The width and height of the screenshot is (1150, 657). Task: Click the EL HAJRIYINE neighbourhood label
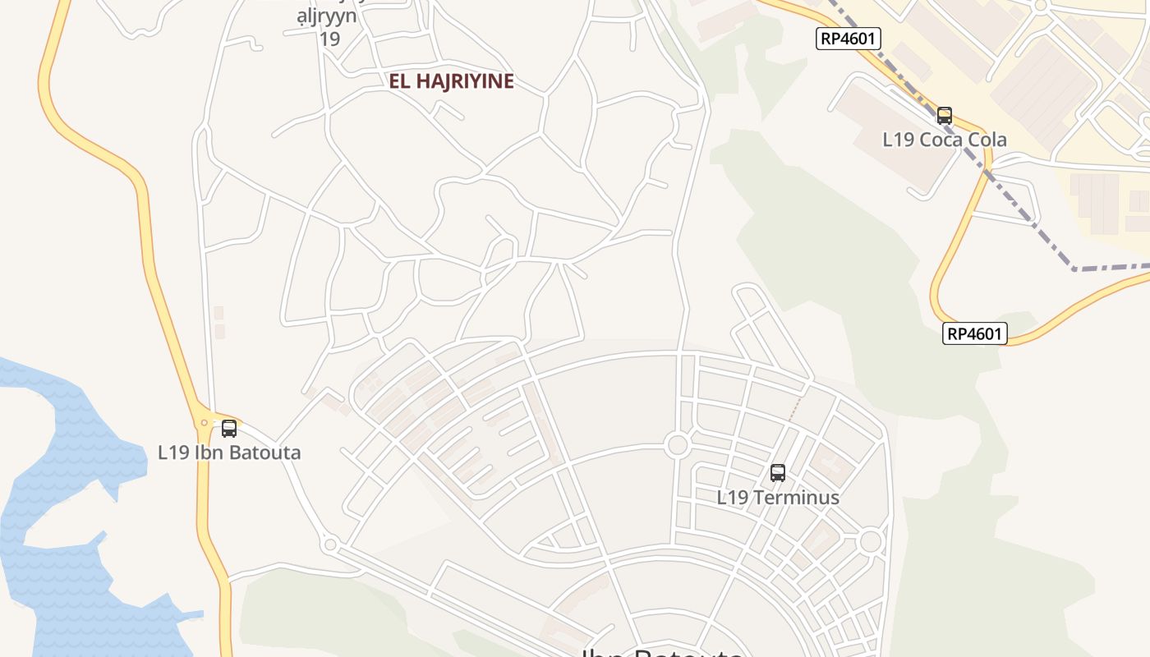pos(452,81)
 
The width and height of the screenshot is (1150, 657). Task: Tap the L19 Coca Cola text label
pos(945,140)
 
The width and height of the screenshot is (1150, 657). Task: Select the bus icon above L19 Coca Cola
pos(945,116)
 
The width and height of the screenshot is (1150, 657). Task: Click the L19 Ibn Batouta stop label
pos(229,453)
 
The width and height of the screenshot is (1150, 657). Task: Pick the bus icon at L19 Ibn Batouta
pos(229,429)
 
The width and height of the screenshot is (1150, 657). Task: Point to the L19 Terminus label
pos(778,498)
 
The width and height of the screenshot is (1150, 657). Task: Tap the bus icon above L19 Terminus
pos(778,473)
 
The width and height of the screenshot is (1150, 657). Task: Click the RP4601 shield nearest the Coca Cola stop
pos(849,38)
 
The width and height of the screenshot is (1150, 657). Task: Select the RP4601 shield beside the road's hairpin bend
pos(975,333)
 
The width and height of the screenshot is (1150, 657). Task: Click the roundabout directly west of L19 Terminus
pos(677,446)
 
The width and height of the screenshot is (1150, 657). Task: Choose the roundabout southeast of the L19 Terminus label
pos(870,542)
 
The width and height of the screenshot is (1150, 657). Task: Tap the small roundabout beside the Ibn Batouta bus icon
pos(205,423)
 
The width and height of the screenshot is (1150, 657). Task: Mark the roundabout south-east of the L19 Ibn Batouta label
pos(330,544)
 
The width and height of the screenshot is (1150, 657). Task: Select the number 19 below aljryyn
pos(329,39)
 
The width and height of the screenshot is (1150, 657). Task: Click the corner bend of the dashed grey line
pos(1074,269)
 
